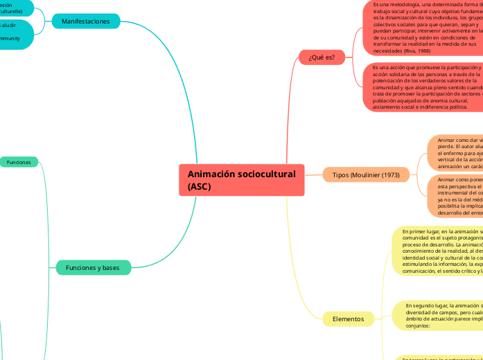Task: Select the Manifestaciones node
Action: (x=86, y=21)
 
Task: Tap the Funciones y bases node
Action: (x=93, y=267)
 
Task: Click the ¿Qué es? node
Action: (x=322, y=57)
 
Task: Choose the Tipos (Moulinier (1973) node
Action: (x=366, y=174)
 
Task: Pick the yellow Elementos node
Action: (x=348, y=318)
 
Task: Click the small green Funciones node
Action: (x=19, y=162)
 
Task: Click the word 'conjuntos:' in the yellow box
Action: (x=419, y=325)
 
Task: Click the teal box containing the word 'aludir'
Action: (x=14, y=34)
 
